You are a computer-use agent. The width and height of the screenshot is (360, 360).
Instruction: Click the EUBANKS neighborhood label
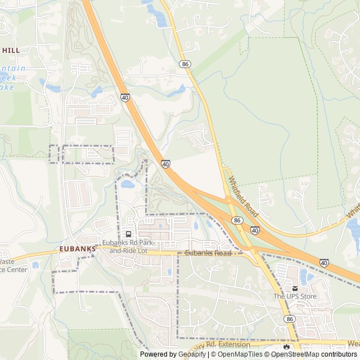click(75, 247)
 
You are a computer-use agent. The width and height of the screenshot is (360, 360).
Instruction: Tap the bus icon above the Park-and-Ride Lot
click(129, 234)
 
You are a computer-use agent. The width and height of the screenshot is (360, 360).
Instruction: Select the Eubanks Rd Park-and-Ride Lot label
click(128, 246)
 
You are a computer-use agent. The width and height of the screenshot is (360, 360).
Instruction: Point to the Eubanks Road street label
click(208, 254)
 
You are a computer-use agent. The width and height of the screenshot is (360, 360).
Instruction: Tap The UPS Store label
click(295, 296)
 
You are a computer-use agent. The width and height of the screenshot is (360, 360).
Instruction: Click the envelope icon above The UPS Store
click(295, 289)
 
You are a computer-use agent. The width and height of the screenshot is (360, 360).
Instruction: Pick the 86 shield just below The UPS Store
click(290, 318)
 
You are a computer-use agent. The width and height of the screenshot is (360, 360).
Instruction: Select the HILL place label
click(11, 50)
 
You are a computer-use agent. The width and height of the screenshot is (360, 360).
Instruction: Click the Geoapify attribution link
click(193, 354)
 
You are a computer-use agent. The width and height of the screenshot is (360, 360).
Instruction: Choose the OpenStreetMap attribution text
click(295, 354)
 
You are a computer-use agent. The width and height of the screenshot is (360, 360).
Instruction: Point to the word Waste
click(6, 262)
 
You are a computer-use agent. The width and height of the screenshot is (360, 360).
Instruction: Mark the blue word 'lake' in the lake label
click(6, 87)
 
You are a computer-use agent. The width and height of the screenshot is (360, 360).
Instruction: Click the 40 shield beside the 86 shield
click(255, 230)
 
